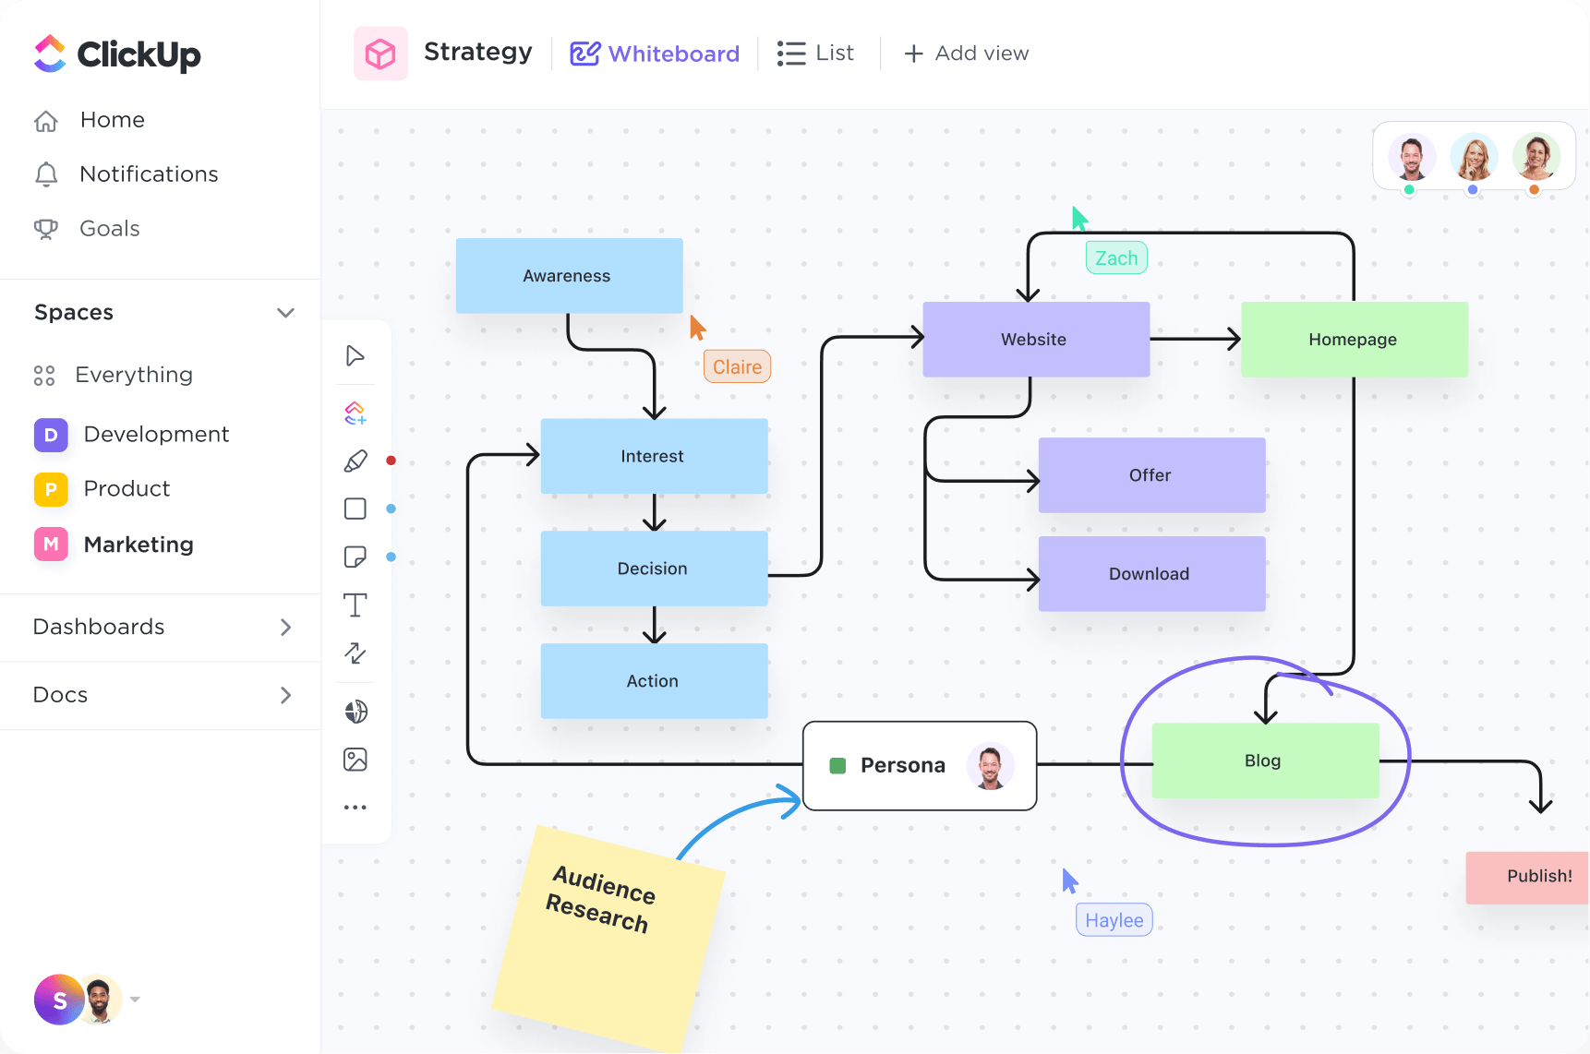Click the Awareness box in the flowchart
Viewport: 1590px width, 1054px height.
point(569,275)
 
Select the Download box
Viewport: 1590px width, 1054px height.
point(1150,573)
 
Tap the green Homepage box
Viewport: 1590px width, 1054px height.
point(1353,339)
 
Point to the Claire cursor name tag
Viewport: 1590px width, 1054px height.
point(737,366)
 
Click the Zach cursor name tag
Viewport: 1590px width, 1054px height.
point(1116,258)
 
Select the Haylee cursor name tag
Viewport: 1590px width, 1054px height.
point(1114,919)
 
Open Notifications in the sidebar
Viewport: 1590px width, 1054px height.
point(149,174)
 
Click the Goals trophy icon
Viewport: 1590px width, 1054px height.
point(45,229)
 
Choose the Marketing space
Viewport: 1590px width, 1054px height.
point(138,545)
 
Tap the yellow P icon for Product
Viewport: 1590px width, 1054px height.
point(51,489)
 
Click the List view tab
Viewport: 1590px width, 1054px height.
point(816,54)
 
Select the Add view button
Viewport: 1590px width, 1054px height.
point(966,54)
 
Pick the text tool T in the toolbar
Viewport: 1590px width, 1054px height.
point(355,605)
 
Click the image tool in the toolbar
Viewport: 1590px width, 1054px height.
point(355,760)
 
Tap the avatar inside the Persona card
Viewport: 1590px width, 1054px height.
point(990,766)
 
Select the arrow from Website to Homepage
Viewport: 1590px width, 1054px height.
point(1195,339)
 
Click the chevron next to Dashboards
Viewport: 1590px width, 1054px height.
point(285,628)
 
